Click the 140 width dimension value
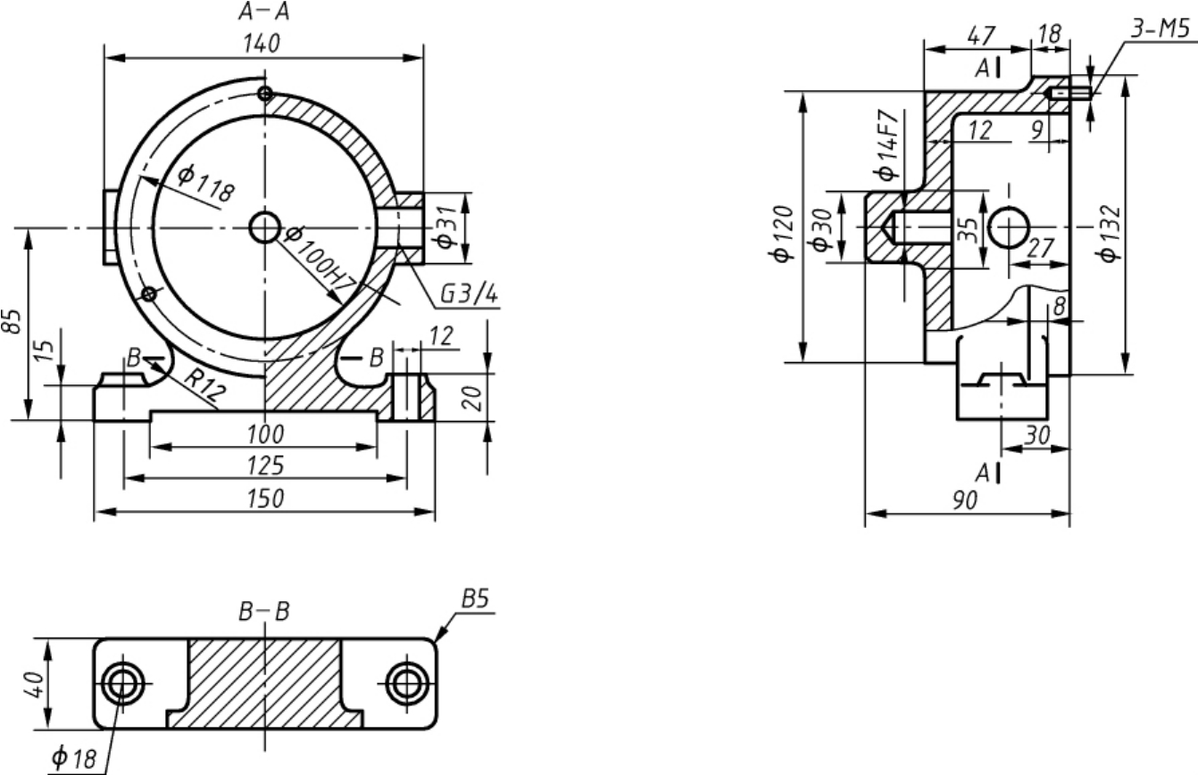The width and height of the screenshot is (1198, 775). tap(262, 44)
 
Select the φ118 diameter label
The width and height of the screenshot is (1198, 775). tap(205, 184)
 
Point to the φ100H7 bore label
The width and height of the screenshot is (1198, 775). tap(320, 259)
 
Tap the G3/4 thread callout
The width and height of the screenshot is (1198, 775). tap(469, 293)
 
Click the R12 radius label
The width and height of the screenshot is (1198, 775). tap(204, 384)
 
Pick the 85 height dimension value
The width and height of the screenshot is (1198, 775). tap(12, 321)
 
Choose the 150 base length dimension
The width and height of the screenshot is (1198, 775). tap(265, 499)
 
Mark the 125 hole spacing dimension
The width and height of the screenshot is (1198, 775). tap(265, 466)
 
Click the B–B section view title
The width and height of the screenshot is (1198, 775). tap(264, 612)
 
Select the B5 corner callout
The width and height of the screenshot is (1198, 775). tap(476, 599)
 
